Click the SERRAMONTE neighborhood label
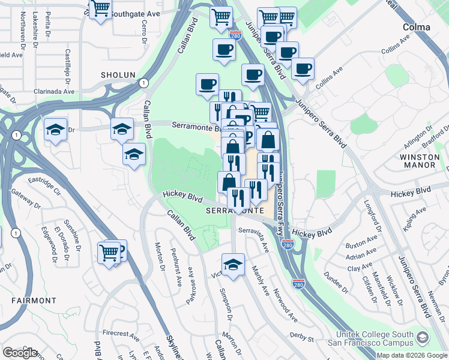coord(234,212)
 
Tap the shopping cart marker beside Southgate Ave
coord(100,9)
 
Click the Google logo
coord(20,352)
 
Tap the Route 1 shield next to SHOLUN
coord(143,83)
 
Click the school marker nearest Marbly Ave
coord(233,263)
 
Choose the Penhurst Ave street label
coord(175,268)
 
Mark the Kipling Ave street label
coord(418,215)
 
